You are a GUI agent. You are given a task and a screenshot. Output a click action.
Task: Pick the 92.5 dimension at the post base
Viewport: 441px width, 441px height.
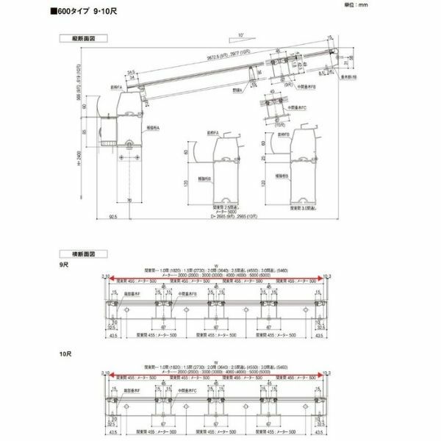click(x=112, y=218)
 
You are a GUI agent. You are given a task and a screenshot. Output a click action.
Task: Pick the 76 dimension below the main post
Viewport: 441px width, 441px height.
click(x=129, y=200)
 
